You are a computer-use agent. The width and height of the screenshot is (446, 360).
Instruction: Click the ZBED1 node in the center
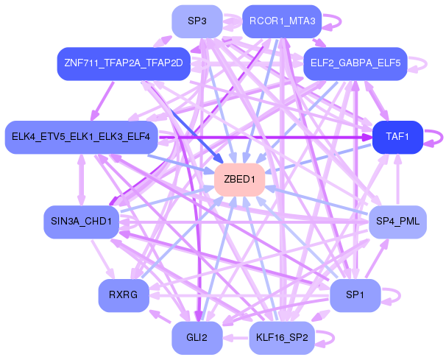tap(239, 180)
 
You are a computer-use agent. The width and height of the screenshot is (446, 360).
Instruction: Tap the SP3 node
tap(197, 21)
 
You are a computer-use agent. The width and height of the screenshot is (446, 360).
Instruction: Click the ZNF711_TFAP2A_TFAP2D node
tap(123, 64)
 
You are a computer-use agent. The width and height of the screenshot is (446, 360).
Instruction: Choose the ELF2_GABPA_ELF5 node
tap(355, 64)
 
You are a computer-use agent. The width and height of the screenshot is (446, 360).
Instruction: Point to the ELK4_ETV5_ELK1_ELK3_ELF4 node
tap(81, 137)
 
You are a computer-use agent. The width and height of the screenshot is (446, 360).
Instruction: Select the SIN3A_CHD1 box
tap(81, 221)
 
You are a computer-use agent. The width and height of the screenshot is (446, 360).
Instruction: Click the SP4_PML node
tap(397, 221)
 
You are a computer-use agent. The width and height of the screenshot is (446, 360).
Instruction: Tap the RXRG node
tap(123, 295)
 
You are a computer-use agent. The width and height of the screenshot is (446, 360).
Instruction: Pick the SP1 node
tap(355, 295)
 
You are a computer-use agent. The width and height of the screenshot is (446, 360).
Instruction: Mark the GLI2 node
tap(197, 338)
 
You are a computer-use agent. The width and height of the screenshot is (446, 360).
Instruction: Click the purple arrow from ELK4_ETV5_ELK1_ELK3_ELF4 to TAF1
tap(265, 137)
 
